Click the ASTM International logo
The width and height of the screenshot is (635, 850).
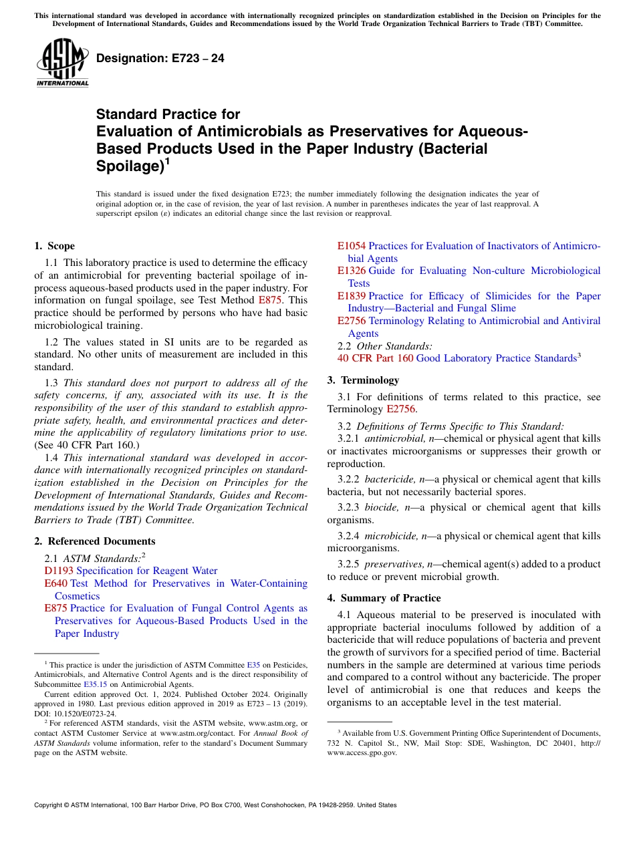pos(61,63)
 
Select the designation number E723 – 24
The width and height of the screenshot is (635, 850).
pos(160,59)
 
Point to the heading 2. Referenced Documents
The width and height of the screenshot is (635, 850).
pos(95,541)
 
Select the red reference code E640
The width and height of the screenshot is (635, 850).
pos(56,583)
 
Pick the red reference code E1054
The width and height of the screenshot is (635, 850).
pos(352,246)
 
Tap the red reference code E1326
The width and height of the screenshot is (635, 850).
pos(352,271)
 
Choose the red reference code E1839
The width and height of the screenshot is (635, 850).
pos(352,296)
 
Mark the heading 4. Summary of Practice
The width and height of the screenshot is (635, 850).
pos(384,598)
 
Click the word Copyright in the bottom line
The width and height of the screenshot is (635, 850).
pos(50,805)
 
